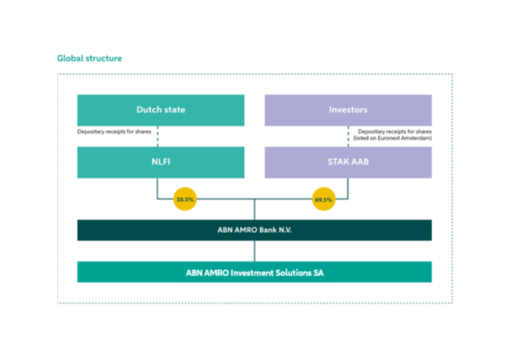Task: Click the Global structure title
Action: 89,58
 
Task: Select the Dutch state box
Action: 161,110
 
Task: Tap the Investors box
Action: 348,110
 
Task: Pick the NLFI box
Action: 161,162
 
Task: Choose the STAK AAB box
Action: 348,162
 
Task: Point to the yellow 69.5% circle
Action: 323,200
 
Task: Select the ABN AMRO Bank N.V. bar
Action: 254,230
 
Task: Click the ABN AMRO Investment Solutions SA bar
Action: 254,273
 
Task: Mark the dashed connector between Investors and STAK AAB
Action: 348,136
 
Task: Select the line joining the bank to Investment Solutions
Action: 254,251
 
